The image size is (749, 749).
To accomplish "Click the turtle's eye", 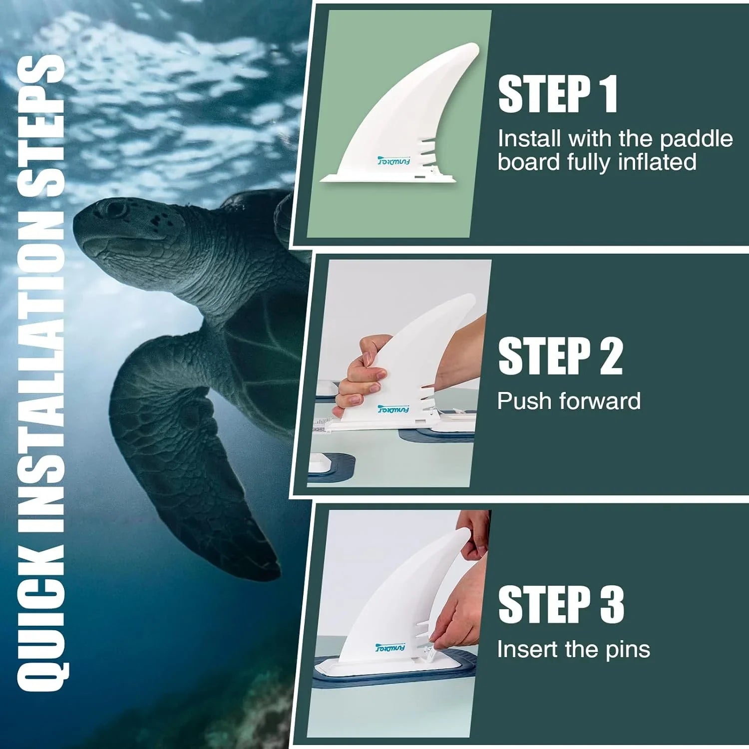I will (x=116, y=209).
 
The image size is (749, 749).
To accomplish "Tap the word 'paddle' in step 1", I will (x=696, y=139).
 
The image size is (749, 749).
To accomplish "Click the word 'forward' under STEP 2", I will (x=600, y=401).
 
